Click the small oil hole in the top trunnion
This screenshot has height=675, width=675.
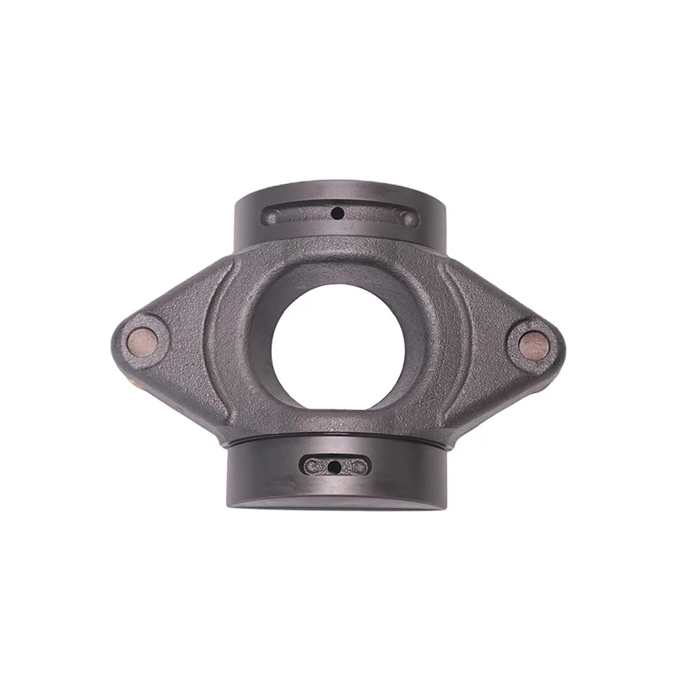[x=337, y=213]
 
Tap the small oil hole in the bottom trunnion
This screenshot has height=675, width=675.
[x=335, y=467]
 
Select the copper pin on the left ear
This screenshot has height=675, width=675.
[x=142, y=339]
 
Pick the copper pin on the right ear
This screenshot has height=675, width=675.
[x=532, y=344]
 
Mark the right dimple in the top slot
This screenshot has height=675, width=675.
[x=408, y=219]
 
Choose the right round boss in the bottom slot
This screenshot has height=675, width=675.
[x=358, y=466]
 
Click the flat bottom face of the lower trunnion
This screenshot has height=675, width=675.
[x=337, y=505]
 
